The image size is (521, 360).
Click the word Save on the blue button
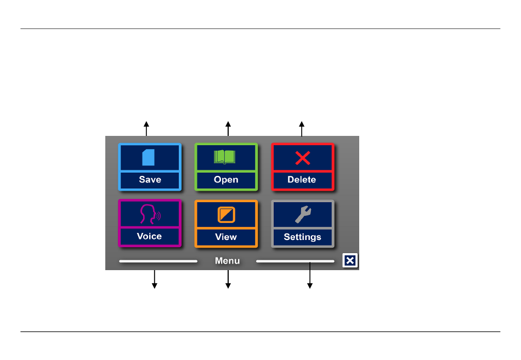pyautogui.click(x=150, y=180)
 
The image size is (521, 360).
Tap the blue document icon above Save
pyautogui.click(x=148, y=157)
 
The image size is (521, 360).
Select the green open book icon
pyautogui.click(x=225, y=157)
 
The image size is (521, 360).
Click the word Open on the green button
pyautogui.click(x=226, y=180)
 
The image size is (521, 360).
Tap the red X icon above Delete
pyautogui.click(x=303, y=158)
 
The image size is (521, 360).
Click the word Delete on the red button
pyautogui.click(x=302, y=180)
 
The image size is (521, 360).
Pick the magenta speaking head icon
pyautogui.click(x=150, y=214)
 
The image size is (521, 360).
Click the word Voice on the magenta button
pyautogui.click(x=149, y=236)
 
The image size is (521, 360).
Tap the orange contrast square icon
pyautogui.click(x=226, y=215)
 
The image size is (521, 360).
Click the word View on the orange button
pyautogui.click(x=226, y=237)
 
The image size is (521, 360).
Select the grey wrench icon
pyautogui.click(x=303, y=214)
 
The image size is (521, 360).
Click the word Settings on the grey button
pyautogui.click(x=302, y=237)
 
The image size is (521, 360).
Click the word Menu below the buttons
pyautogui.click(x=227, y=261)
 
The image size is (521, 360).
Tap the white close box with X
pyautogui.click(x=350, y=260)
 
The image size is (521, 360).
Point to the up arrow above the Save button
pyautogui.click(x=146, y=129)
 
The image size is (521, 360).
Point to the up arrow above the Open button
pyautogui.click(x=228, y=129)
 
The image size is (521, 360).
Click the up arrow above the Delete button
pyautogui.click(x=302, y=129)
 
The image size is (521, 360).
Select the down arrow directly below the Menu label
pyautogui.click(x=228, y=279)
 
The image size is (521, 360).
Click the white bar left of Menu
pyautogui.click(x=158, y=261)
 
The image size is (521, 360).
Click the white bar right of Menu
pyautogui.click(x=295, y=261)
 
